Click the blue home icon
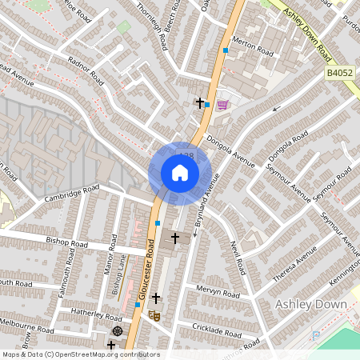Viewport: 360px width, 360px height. (180, 173)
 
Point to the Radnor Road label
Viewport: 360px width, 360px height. (86, 70)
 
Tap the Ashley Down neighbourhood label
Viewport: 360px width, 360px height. (311, 304)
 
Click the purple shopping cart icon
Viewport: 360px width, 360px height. (222, 104)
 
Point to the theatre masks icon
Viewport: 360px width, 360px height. (157, 316)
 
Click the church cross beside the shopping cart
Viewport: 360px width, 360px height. (201, 102)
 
